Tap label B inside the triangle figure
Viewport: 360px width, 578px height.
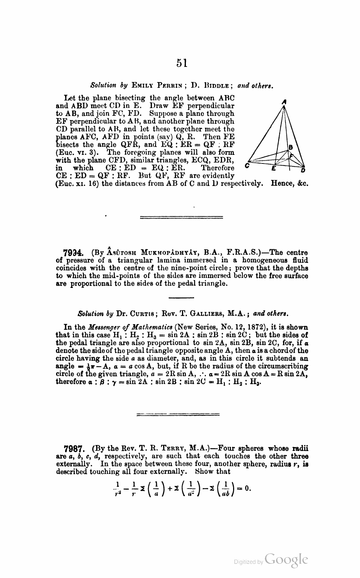click(x=291, y=147)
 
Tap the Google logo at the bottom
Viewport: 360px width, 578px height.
click(x=286, y=560)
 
